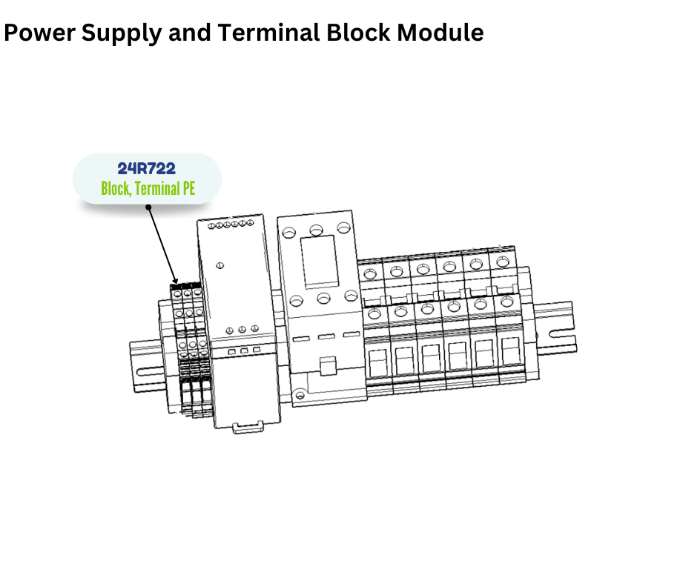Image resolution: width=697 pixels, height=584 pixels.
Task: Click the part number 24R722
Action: pos(147,168)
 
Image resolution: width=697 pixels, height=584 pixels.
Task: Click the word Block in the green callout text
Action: pos(115,188)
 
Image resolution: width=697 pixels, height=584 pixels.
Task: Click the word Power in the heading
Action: pos(33,33)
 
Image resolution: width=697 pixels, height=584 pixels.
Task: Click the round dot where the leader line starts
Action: pos(148,207)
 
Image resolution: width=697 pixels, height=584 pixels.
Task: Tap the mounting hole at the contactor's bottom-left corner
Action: pos(299,396)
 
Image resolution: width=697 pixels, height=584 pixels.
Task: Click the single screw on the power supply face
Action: pos(220,265)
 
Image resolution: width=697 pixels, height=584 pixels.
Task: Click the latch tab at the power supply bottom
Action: pos(247,427)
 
